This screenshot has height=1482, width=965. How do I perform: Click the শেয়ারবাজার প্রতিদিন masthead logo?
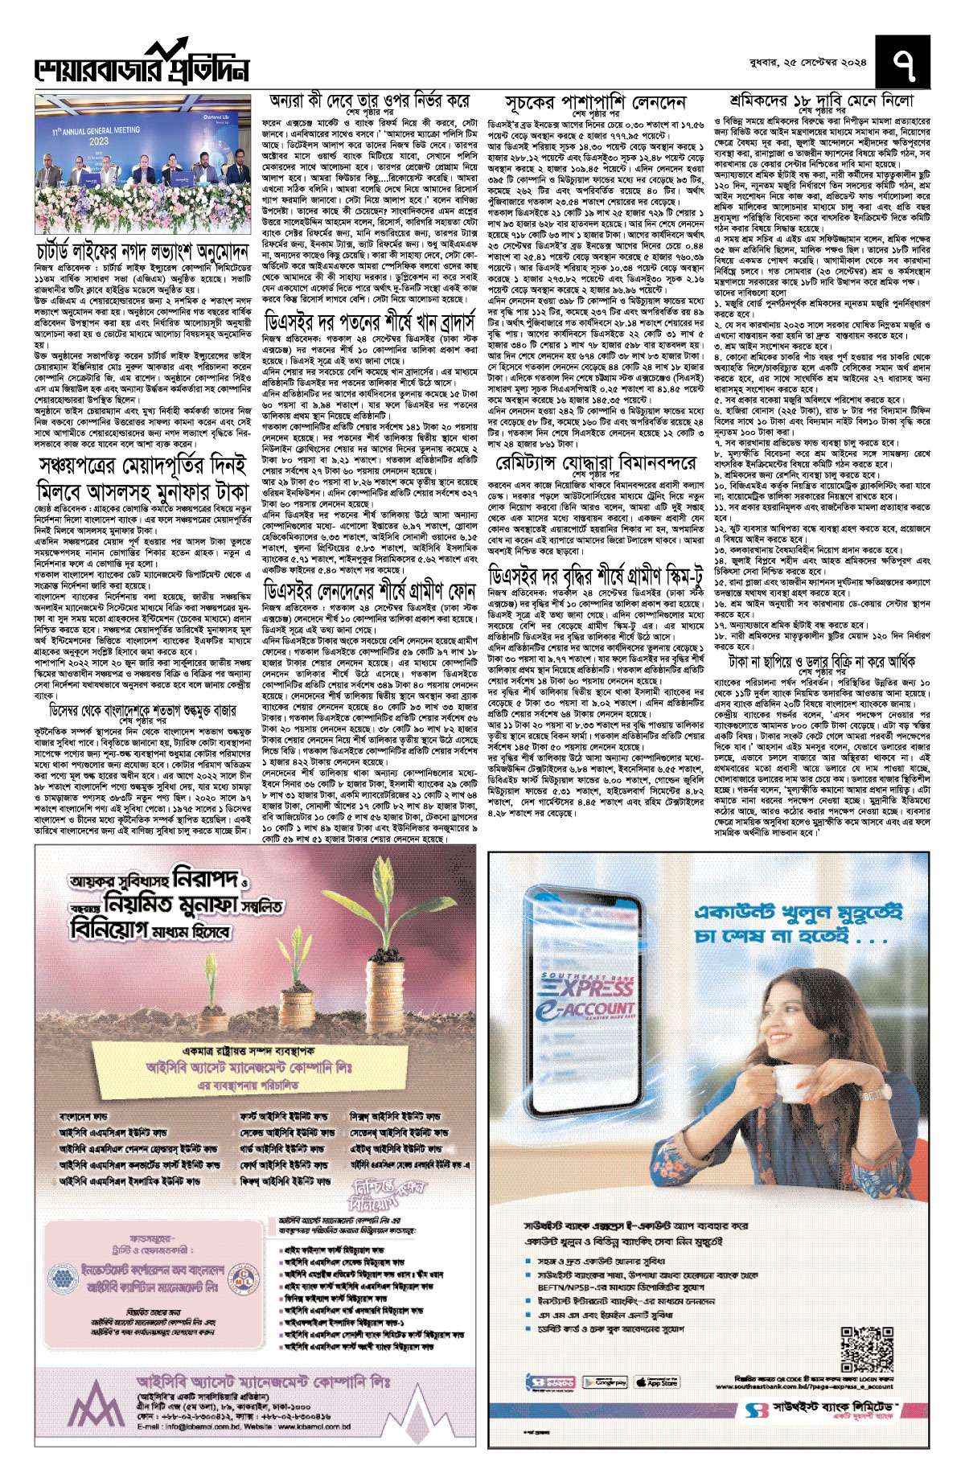[x=142, y=64]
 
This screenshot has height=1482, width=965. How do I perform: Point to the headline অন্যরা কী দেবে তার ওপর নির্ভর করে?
[x=369, y=102]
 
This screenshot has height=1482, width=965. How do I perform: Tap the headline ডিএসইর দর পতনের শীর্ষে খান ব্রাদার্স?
[x=369, y=322]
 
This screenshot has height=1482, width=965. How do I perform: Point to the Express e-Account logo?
[x=588, y=1001]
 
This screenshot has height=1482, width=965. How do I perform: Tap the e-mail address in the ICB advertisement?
[x=197, y=1449]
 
